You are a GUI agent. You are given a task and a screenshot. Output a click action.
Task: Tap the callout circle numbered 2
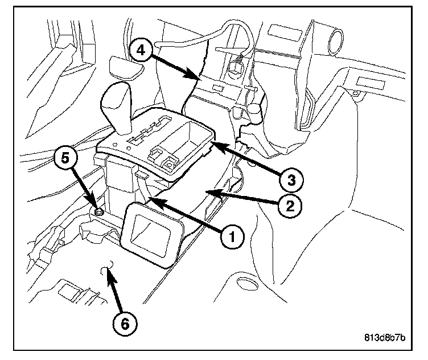[x=290, y=204]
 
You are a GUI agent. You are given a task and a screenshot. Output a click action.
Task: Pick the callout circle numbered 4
[x=140, y=50]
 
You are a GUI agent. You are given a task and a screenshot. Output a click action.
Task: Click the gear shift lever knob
[x=118, y=100]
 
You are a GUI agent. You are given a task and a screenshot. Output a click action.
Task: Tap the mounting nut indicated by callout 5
[x=99, y=211]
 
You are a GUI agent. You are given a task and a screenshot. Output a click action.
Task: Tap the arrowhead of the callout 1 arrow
[x=151, y=199]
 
